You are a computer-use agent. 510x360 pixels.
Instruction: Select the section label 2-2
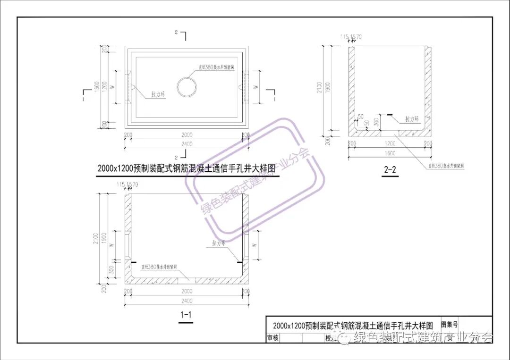point(390,170)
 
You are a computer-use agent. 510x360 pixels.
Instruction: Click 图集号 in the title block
point(450,325)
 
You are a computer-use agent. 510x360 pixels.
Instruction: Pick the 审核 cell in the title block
point(273,338)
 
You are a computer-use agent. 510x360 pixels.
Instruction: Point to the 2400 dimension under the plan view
point(187,144)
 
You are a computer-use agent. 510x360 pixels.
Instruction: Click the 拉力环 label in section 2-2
point(412,119)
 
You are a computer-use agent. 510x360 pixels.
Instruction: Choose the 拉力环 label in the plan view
point(158,94)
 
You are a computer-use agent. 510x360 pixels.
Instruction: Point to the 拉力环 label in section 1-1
point(220,243)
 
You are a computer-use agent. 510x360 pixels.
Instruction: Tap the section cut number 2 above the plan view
point(176,32)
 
